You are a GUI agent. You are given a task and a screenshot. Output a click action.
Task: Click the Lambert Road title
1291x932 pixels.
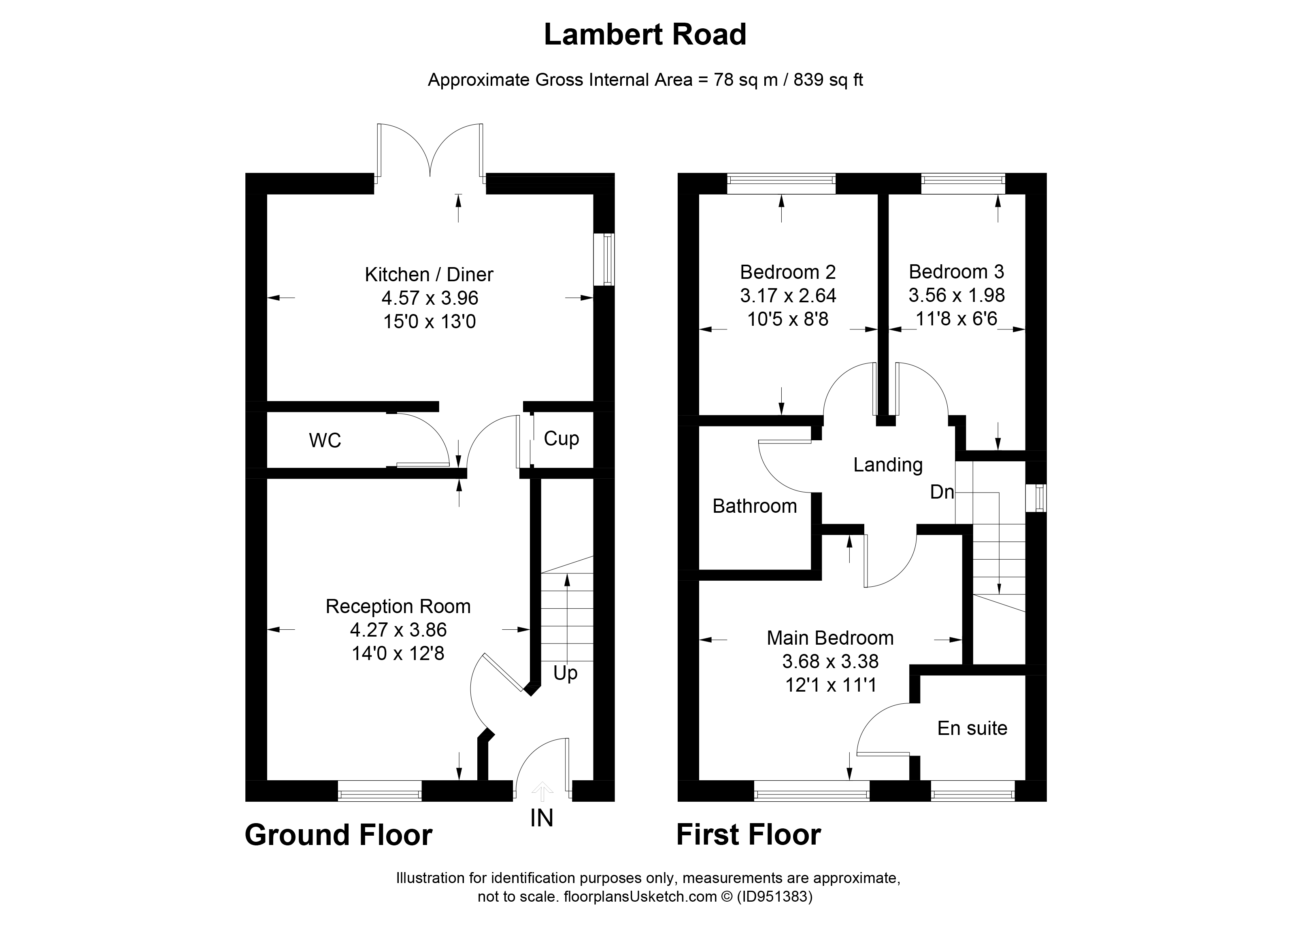point(645,35)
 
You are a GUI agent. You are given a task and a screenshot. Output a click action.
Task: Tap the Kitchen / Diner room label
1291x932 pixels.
point(429,275)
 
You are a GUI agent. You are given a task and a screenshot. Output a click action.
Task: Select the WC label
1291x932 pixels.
point(325,440)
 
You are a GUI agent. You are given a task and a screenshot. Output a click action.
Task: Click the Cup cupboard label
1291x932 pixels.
point(561,439)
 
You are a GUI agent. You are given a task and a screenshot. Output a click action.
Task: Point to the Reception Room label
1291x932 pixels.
point(398,607)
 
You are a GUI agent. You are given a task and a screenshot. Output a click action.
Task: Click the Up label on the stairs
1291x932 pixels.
point(565,673)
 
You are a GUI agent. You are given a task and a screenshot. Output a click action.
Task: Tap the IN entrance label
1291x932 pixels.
point(541,818)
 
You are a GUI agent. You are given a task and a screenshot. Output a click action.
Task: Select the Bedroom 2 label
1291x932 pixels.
point(788,272)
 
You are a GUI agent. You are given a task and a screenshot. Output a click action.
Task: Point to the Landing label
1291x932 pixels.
point(888,465)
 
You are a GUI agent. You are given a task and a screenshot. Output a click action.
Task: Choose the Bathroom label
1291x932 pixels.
point(755,506)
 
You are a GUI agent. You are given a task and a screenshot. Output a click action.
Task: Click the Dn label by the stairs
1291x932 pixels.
point(942,492)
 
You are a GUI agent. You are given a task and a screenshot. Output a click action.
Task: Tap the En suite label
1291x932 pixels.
point(972,728)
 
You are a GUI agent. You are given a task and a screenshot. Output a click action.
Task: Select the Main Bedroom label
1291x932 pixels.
point(830,638)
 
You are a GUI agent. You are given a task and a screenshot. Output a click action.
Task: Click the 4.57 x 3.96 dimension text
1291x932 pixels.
point(430,298)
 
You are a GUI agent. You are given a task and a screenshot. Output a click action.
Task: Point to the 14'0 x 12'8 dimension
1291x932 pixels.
point(398,653)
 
